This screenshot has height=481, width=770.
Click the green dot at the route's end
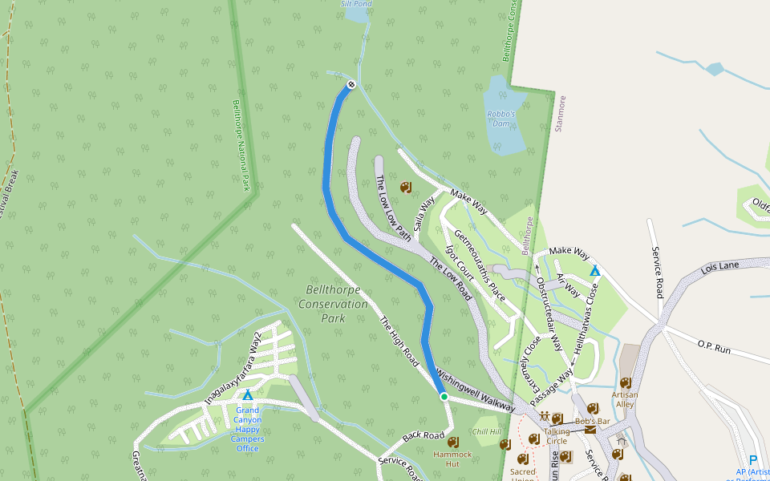(444, 396)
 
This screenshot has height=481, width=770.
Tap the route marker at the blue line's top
(351, 85)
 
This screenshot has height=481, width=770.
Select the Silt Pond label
(356, 4)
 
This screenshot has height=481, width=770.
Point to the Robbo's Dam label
(500, 119)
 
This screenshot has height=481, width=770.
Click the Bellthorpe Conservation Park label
(333, 304)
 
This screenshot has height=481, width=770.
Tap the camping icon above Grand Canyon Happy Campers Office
(248, 395)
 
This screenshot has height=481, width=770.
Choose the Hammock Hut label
(452, 459)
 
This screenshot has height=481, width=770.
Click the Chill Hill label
(486, 431)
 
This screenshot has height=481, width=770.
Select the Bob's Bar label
(592, 421)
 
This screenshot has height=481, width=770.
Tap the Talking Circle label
(556, 436)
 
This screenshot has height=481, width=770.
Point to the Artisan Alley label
(625, 399)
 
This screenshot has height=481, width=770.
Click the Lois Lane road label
(719, 268)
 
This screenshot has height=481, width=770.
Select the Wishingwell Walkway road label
(475, 390)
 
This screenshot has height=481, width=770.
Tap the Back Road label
(423, 436)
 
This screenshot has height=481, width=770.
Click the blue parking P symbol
(752, 459)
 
